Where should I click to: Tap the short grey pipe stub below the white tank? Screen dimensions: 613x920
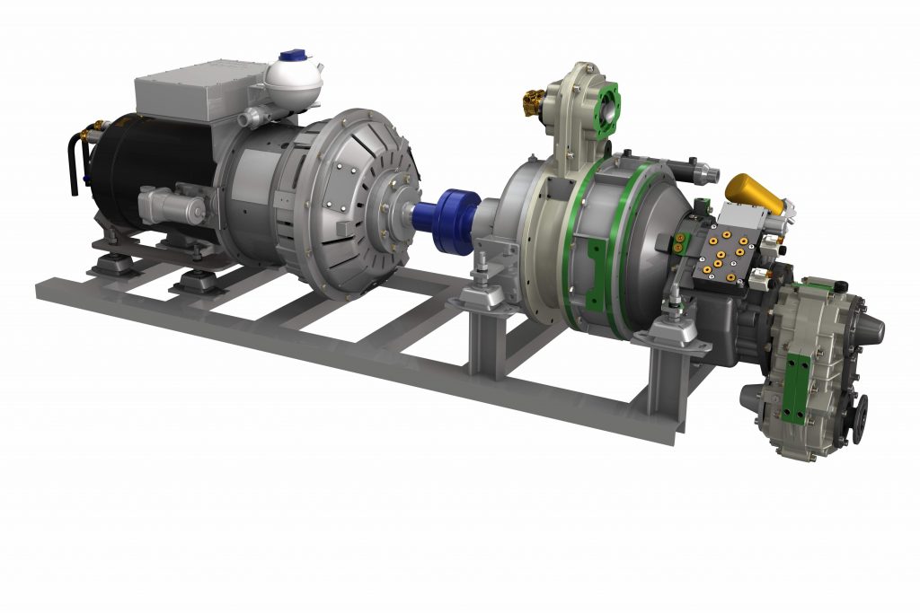click(x=255, y=116)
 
